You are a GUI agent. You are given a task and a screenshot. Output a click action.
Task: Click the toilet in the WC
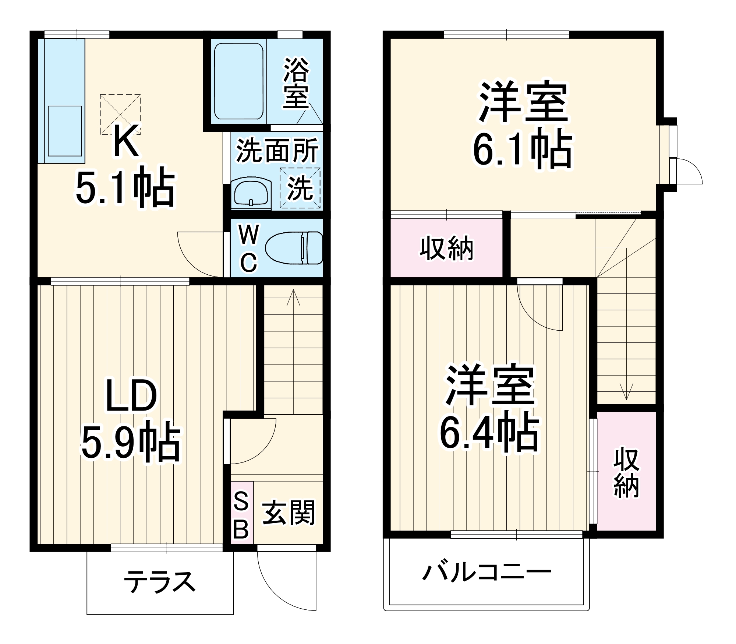coord(294,247)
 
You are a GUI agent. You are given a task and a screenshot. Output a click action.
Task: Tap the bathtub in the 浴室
coord(239,81)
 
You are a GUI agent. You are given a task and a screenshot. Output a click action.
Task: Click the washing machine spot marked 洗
coord(300,188)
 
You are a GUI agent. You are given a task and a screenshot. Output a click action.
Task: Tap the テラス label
coord(159,582)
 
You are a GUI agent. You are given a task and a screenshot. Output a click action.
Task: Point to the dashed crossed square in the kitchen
coord(120,115)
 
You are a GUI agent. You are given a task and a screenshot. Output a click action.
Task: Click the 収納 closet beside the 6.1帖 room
coord(446,248)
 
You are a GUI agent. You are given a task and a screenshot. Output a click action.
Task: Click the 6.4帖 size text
coord(489,433)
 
